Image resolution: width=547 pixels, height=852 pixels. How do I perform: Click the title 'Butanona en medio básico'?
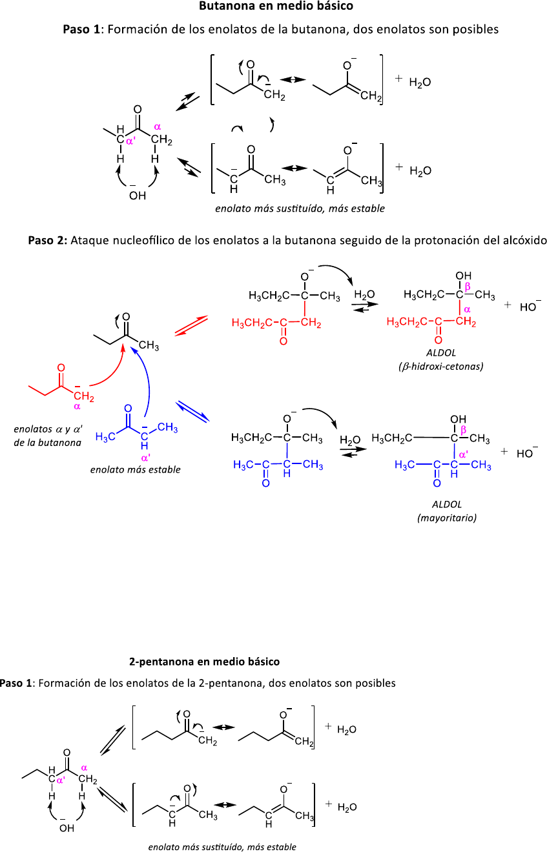[276, 7]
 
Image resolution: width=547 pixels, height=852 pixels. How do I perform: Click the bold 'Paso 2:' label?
[47, 240]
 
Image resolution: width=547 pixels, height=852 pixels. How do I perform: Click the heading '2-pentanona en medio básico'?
[204, 662]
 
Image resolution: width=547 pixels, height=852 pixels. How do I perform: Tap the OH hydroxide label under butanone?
[137, 196]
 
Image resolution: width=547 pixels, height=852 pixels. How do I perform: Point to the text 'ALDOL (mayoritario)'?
[447, 511]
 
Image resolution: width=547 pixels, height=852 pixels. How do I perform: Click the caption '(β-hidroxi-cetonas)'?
[441, 366]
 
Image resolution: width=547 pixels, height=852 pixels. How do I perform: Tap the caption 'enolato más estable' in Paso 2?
[135, 469]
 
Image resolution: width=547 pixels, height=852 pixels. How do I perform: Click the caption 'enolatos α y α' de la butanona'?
[48, 436]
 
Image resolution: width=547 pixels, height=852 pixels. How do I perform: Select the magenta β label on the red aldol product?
[468, 286]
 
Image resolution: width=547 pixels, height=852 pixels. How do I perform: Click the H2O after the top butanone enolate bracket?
[420, 83]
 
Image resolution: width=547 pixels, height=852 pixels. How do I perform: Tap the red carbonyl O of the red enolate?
[61, 368]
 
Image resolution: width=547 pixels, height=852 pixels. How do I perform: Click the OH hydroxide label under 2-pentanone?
[67, 828]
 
